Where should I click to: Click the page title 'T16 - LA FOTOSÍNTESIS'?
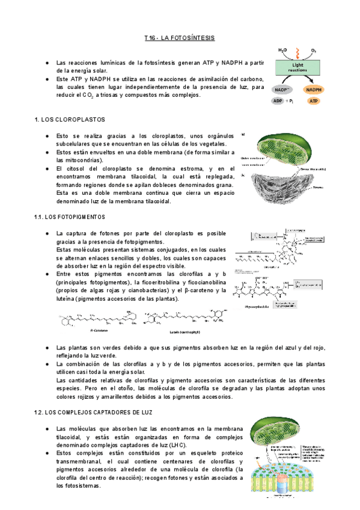click(179, 38)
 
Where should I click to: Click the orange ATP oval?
click(313, 101)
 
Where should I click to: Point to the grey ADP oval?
click(278, 101)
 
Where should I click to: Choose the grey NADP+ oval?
click(281, 90)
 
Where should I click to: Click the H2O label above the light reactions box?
click(282, 50)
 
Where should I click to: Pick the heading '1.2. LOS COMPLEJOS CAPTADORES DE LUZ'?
click(93, 413)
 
